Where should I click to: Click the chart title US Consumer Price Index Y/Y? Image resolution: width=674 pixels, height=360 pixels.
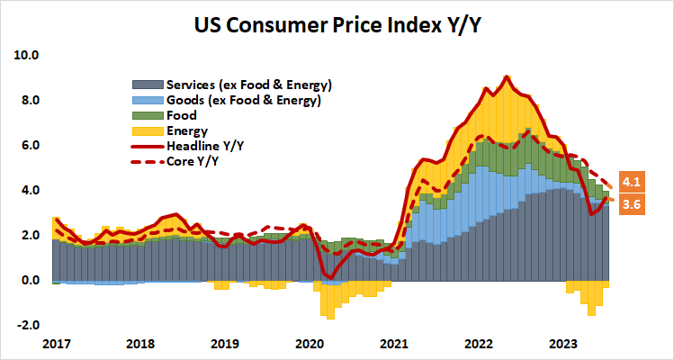(x=337, y=23)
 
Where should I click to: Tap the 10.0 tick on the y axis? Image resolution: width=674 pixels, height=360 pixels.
(x=28, y=55)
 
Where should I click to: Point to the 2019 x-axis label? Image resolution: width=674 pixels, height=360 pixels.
(x=224, y=344)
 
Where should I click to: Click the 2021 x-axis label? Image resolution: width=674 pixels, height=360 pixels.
(x=393, y=344)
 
